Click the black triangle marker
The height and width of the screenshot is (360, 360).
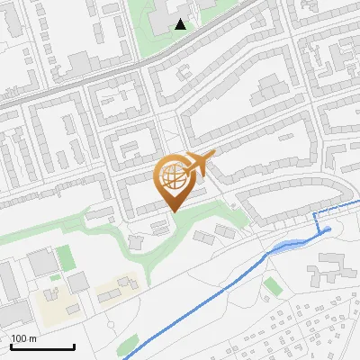click(181, 24)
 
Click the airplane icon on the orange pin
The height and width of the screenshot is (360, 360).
click(199, 164)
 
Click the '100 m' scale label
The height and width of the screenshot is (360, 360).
click(24, 338)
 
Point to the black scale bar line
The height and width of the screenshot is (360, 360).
click(42, 346)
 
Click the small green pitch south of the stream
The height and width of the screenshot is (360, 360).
click(272, 286)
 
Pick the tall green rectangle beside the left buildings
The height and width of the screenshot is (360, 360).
click(65, 258)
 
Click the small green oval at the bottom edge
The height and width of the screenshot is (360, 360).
click(129, 343)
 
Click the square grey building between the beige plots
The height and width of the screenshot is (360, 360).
click(77, 283)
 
